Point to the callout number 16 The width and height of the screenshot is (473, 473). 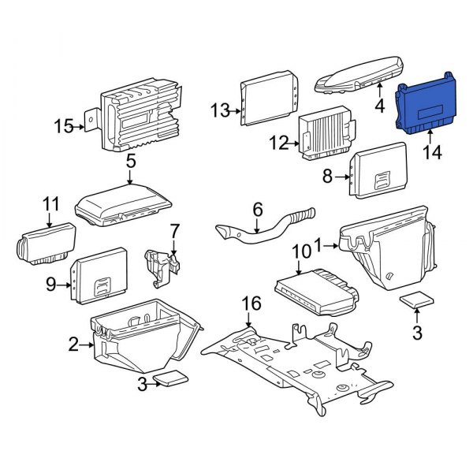250,302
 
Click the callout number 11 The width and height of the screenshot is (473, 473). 51,205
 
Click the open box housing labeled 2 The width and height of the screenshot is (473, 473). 142,339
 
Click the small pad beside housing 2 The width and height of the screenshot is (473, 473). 171,378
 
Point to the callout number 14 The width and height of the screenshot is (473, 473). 432,154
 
